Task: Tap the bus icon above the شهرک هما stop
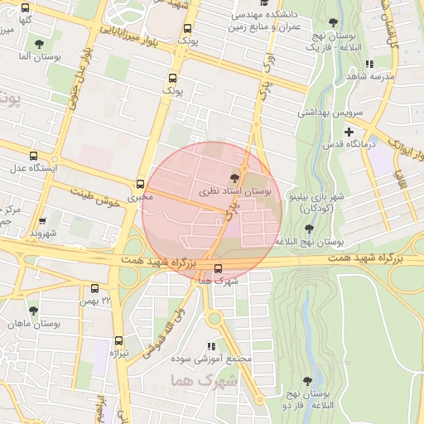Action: pyautogui.click(x=218, y=268)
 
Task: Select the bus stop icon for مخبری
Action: pyautogui.click(x=139, y=184)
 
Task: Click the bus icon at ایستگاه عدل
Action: pyautogui.click(x=33, y=156)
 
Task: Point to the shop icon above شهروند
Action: pyautogui.click(x=41, y=221)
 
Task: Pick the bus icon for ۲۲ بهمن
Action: pyautogui.click(x=95, y=289)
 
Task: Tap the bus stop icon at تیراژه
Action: pyautogui.click(x=118, y=340)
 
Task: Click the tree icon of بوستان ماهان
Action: pyautogui.click(x=33, y=311)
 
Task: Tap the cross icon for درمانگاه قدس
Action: pyautogui.click(x=349, y=132)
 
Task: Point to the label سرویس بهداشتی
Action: pyautogui.click(x=325, y=112)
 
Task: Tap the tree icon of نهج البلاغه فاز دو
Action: pyautogui.click(x=307, y=381)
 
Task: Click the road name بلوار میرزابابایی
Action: pyautogui.click(x=132, y=33)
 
